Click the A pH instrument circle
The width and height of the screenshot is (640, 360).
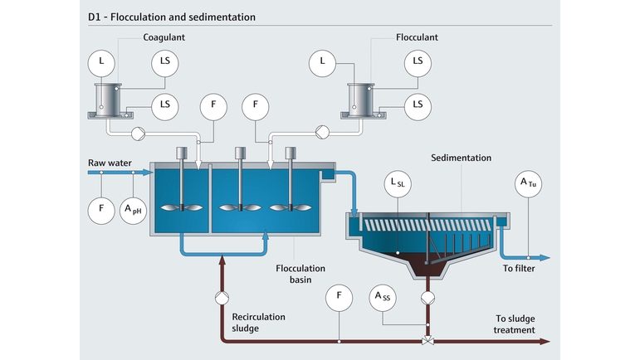[x=133, y=211]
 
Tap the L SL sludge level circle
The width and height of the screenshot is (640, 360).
[x=398, y=184]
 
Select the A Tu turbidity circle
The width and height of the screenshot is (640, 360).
[x=528, y=184]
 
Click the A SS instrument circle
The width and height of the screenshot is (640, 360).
[x=383, y=298]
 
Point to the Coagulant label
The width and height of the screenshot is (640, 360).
[x=164, y=37]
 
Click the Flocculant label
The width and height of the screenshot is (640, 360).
[x=417, y=37]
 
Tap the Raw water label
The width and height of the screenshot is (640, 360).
[x=110, y=163]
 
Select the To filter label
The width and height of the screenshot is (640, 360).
[x=519, y=268]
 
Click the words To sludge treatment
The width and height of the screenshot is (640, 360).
[x=515, y=324]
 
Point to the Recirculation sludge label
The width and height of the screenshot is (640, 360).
[x=258, y=323]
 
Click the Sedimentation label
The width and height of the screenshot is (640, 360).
[x=462, y=158]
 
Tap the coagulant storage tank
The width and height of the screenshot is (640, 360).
[x=108, y=101]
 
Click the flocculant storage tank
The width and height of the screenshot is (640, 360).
[x=361, y=101]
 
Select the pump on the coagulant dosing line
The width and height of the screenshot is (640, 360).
[x=138, y=134]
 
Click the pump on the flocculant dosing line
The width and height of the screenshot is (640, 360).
[x=322, y=132]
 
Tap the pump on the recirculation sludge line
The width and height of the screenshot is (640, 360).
[x=222, y=298]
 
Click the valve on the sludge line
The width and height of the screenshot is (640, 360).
[x=427, y=340]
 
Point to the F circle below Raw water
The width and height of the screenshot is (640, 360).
[x=101, y=211]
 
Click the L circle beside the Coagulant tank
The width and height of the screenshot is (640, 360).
[x=101, y=64]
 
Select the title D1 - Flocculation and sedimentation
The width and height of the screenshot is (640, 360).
[x=172, y=17]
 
